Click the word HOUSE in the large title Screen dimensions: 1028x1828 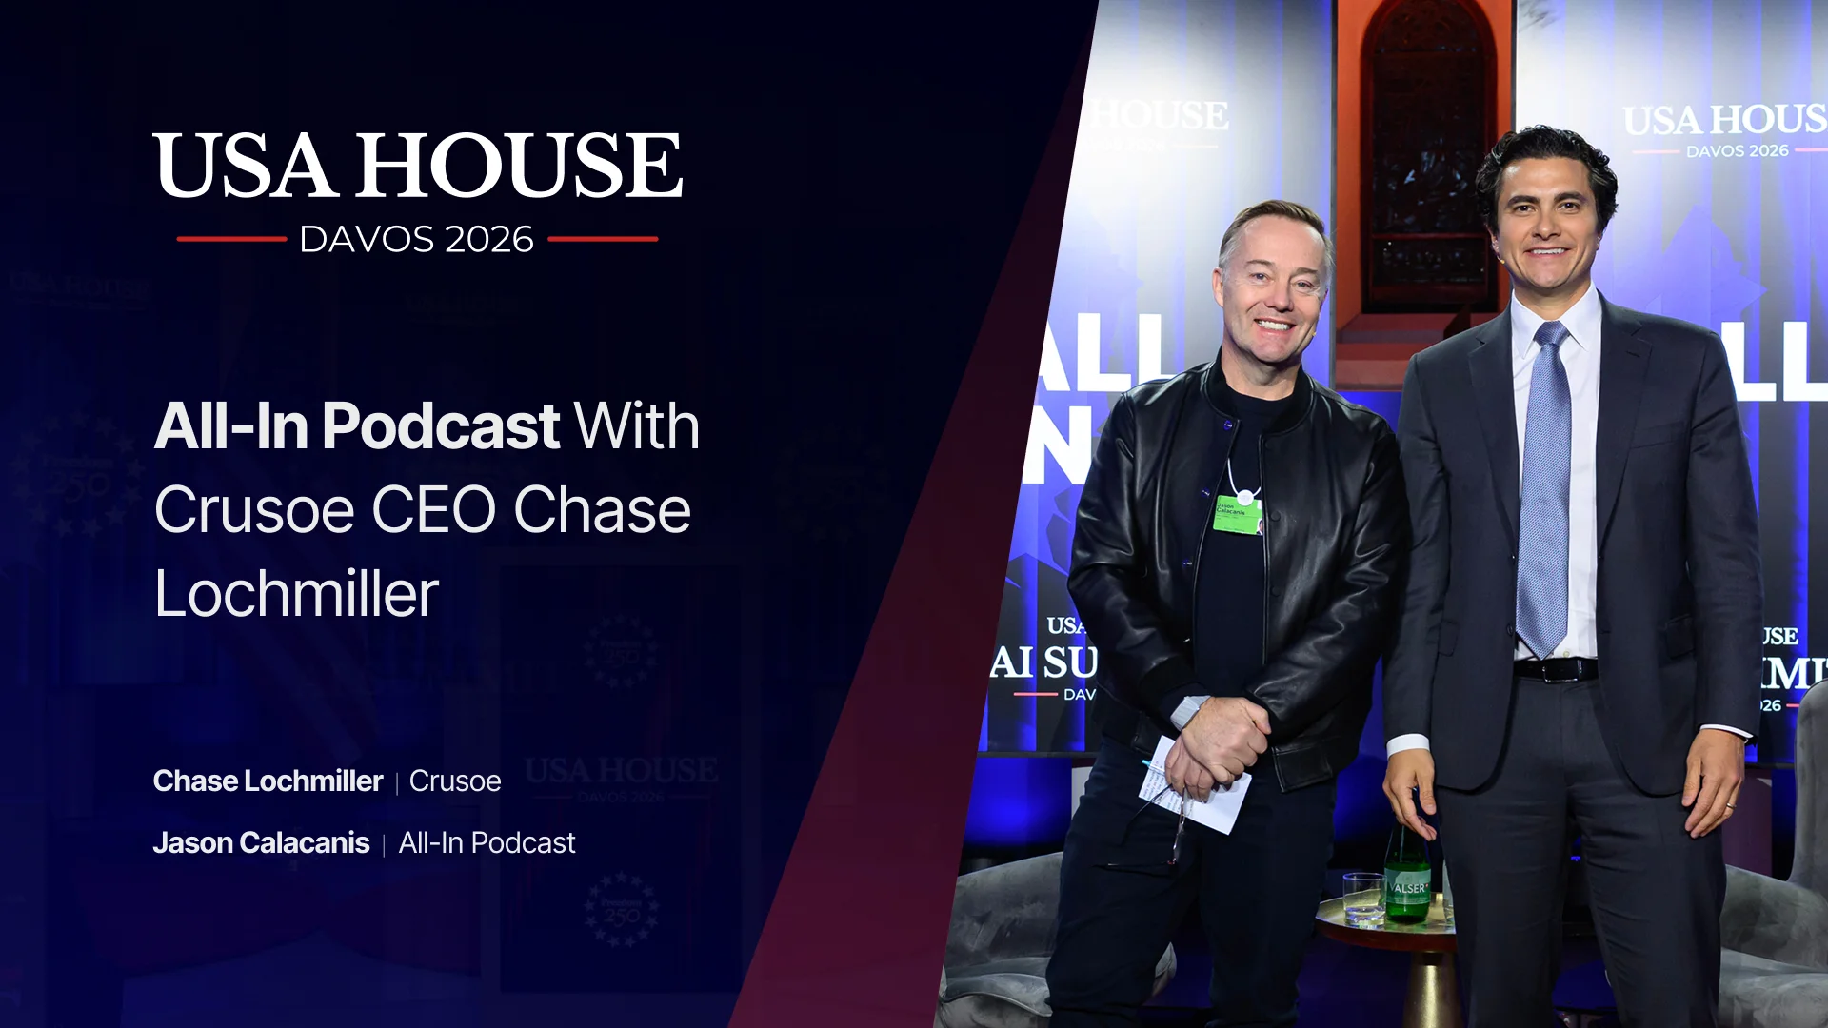click(519, 167)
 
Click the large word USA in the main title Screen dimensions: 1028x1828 click(246, 167)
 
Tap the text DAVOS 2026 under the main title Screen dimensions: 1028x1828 click(416, 240)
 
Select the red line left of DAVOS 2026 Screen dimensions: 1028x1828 click(231, 239)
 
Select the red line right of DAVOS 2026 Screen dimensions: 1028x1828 click(603, 239)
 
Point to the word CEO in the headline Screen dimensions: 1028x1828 click(433, 510)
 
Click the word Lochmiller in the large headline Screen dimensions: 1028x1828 click(296, 594)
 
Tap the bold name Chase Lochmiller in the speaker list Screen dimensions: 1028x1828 click(268, 781)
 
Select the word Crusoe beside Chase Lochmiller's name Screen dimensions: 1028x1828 click(455, 781)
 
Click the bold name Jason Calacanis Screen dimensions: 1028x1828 click(261, 843)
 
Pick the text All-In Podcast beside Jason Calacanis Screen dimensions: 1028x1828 click(487, 843)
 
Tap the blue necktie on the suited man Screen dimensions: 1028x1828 click(1543, 495)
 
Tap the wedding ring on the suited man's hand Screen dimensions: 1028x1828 click(1730, 805)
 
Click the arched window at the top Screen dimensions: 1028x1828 click(1425, 152)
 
